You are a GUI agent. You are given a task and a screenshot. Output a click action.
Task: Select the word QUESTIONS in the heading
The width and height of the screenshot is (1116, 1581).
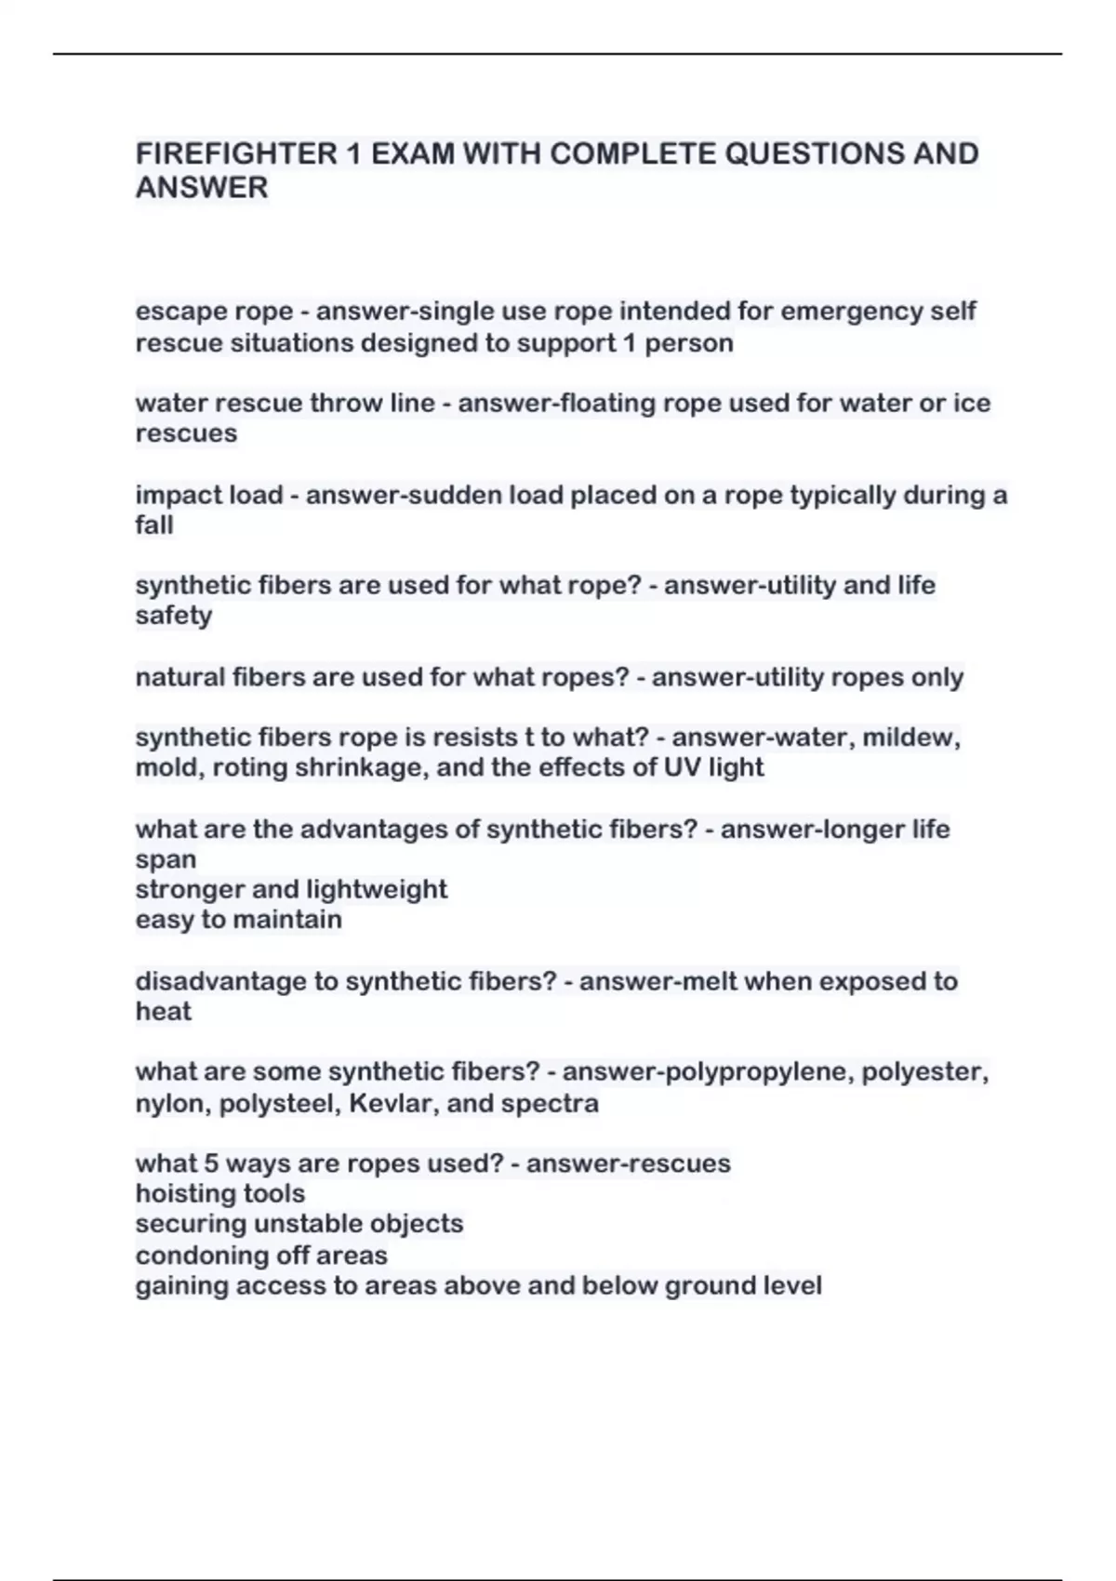pyautogui.click(x=813, y=153)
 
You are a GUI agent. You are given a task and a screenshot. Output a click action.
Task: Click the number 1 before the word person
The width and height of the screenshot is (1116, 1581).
pyautogui.click(x=630, y=343)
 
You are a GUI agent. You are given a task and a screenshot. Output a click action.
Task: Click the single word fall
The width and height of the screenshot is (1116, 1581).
pyautogui.click(x=154, y=525)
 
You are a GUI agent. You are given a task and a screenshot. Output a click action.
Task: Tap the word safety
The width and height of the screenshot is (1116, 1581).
pyautogui.click(x=174, y=616)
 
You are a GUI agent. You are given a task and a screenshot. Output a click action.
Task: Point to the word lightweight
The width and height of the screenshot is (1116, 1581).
pyautogui.click(x=377, y=889)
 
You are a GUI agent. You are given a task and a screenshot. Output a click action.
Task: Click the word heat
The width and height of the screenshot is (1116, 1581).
pyautogui.click(x=164, y=1011)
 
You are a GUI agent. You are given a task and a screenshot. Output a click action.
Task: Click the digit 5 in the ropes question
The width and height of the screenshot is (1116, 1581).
pyautogui.click(x=211, y=1163)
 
